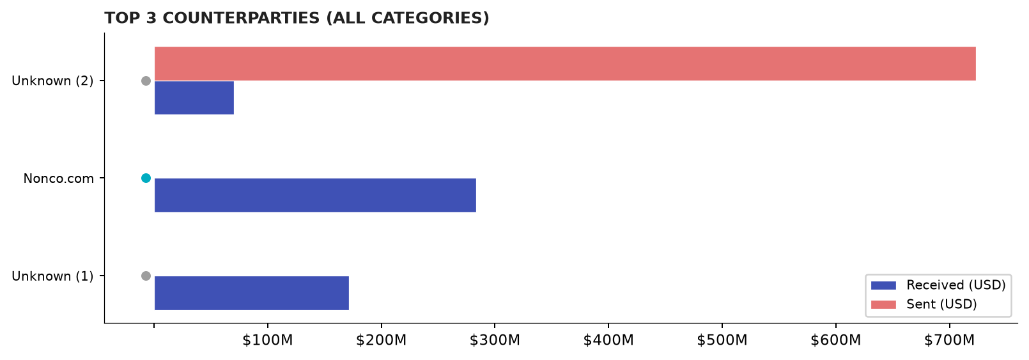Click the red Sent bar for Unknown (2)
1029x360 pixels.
pos(565,63)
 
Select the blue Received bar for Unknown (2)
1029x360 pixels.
pos(194,97)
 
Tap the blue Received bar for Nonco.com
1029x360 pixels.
pos(315,196)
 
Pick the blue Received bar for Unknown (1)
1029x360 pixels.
pos(252,293)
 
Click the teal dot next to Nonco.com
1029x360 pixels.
pos(146,178)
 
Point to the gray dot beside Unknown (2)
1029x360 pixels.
pos(146,81)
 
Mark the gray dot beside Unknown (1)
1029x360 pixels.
pos(146,276)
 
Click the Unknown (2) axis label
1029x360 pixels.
pos(52,81)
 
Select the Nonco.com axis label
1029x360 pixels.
pos(59,178)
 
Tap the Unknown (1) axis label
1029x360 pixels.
pos(52,276)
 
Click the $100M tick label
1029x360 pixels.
pos(267,340)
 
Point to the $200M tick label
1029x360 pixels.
pos(382,340)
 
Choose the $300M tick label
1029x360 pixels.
pos(495,340)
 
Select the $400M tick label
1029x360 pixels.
pos(608,340)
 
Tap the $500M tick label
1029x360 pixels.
pos(722,340)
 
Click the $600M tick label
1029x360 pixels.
pos(835,340)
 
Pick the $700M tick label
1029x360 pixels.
pos(950,340)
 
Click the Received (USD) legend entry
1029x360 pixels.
pos(938,285)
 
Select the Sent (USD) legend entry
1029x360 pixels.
pos(924,304)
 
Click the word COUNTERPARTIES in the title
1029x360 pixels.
pos(241,18)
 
